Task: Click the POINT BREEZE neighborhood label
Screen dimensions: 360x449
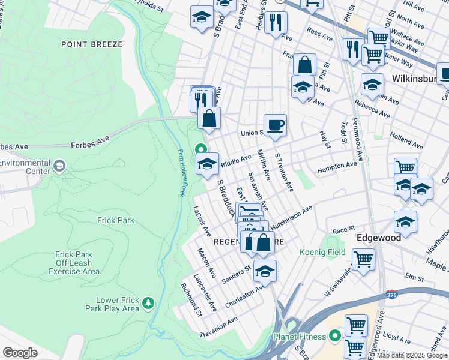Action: pos(91,44)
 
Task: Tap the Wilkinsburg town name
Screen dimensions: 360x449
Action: pos(415,79)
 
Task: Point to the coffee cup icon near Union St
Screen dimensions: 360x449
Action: pos(275,125)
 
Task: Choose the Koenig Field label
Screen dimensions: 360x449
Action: pos(322,253)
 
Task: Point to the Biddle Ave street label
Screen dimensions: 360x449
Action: pos(236,161)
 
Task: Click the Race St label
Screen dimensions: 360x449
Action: pos(344,230)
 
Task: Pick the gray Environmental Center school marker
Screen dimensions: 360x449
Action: pos(59,165)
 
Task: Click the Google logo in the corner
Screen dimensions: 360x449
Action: pos(20,353)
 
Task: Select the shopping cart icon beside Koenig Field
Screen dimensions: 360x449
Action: pos(363,260)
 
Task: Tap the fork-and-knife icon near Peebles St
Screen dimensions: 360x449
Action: pos(276,22)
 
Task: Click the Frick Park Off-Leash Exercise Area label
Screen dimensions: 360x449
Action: pos(77,263)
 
